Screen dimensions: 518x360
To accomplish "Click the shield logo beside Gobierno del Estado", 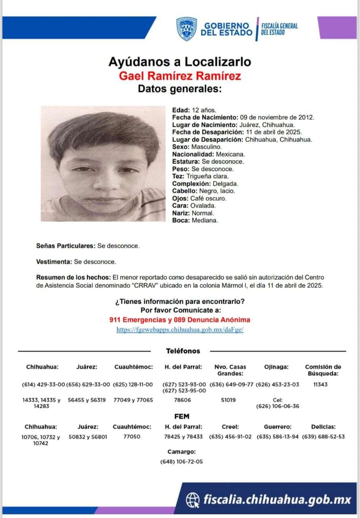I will click(x=186, y=29).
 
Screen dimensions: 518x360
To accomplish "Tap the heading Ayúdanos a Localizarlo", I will click(x=180, y=62).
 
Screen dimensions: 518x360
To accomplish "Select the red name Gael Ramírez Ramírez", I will click(x=180, y=76).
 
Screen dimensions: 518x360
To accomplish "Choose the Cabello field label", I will click(x=184, y=191).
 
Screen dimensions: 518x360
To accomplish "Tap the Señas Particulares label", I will click(x=66, y=246).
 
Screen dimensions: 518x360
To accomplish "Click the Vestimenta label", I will click(x=54, y=262).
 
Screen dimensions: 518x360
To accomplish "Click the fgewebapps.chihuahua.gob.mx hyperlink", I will click(x=180, y=329).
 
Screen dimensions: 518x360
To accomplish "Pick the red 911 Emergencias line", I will click(x=180, y=320).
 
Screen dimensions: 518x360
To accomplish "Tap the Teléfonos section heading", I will click(x=183, y=351).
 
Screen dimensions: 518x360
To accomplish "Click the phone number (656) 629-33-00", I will click(x=88, y=384).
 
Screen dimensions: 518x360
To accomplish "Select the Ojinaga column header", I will click(x=276, y=367).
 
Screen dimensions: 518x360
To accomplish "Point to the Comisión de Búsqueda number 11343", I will click(x=320, y=384).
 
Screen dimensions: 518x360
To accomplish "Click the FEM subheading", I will click(x=182, y=416).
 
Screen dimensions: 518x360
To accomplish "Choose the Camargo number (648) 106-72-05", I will click(x=182, y=461).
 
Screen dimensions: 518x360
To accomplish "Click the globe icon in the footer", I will click(x=193, y=500).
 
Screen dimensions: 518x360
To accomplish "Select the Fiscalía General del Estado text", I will click(x=279, y=29).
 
